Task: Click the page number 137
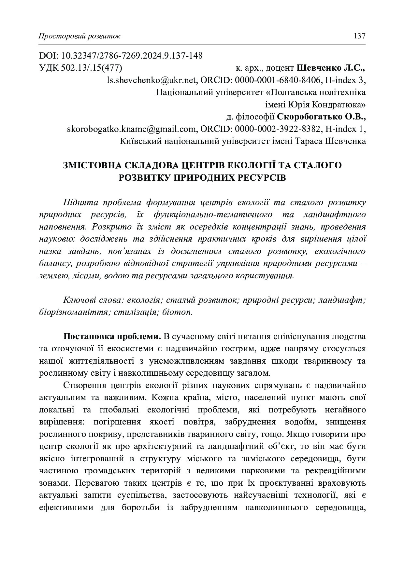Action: point(360,36)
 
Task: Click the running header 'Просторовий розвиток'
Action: point(79,36)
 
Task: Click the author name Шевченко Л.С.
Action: point(330,68)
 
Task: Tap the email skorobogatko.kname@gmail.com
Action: point(131,129)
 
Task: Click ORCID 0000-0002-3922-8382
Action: point(277,129)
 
